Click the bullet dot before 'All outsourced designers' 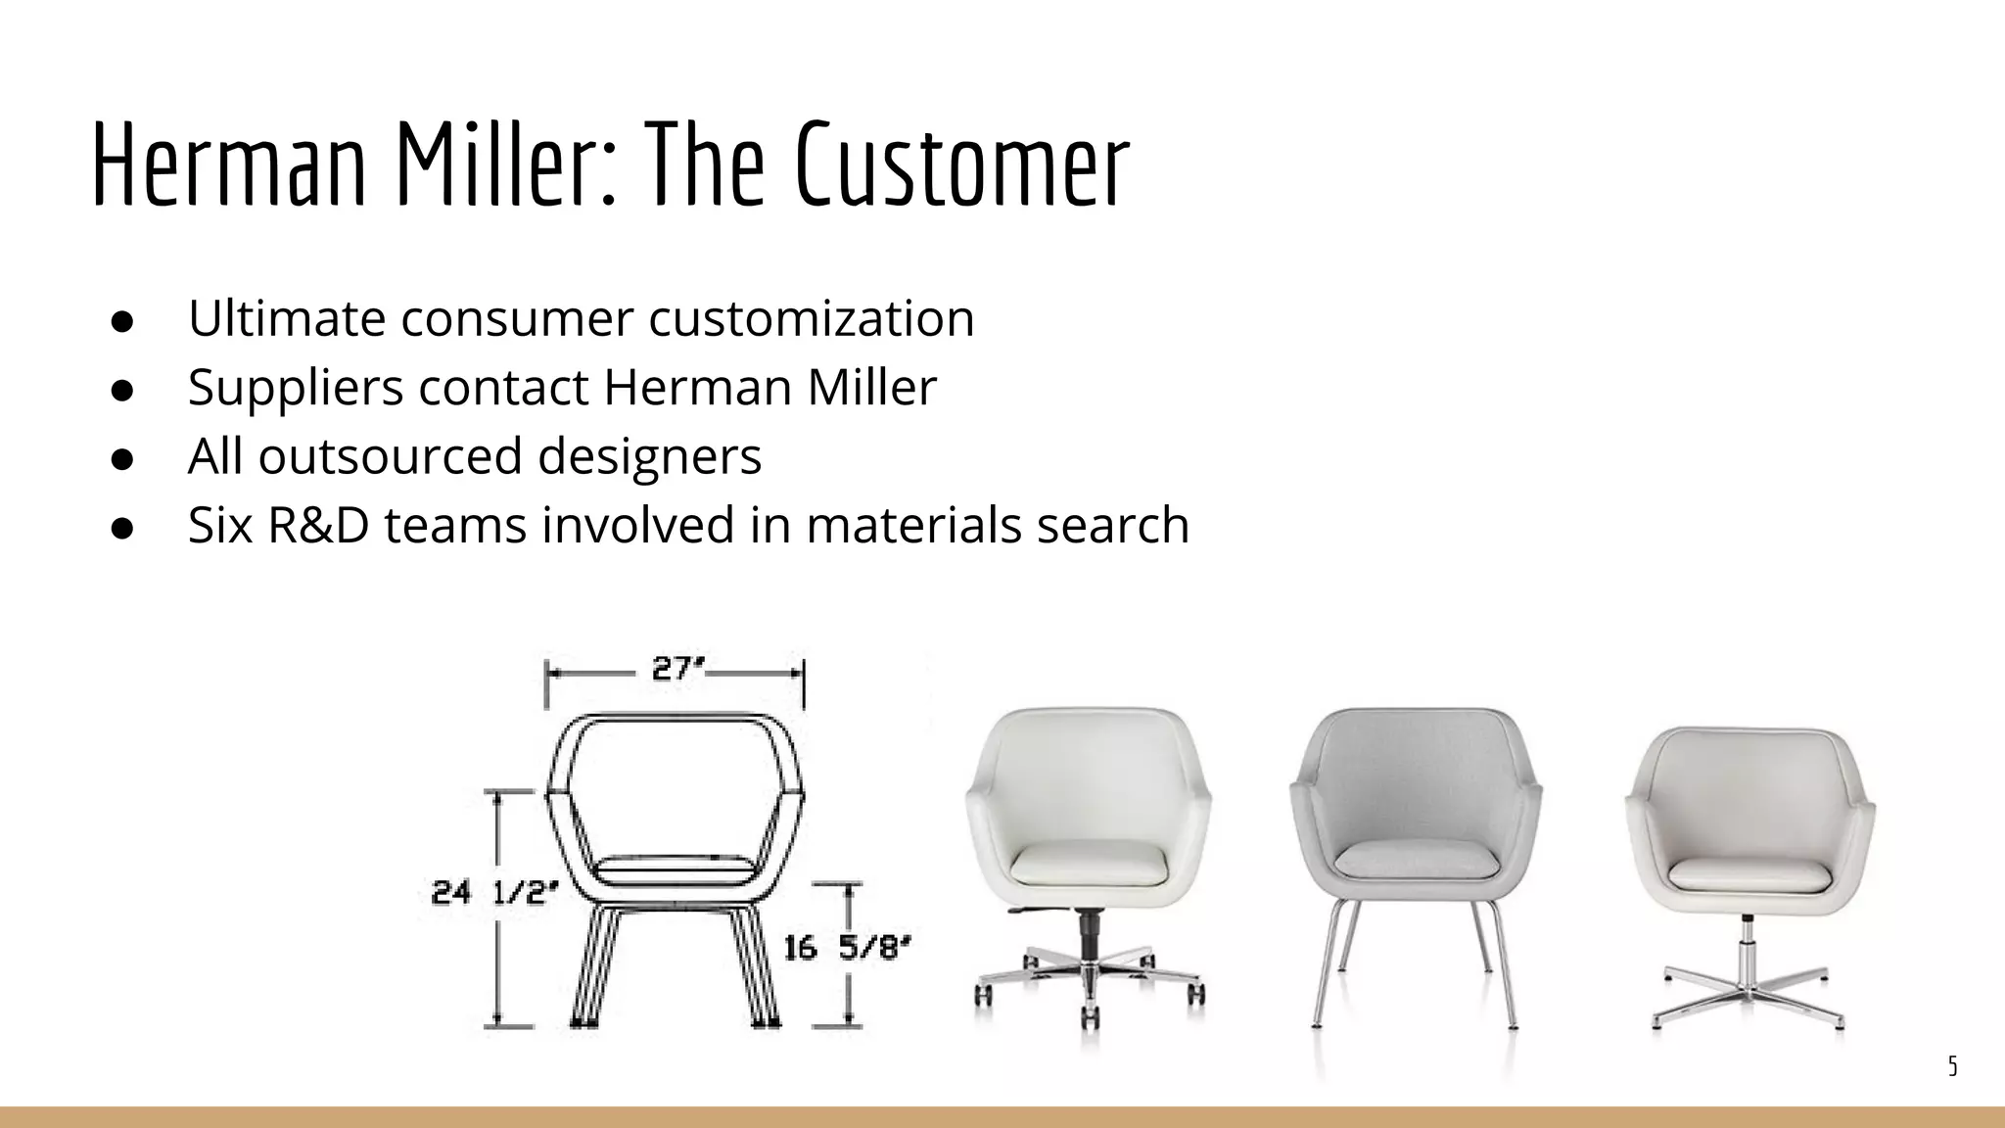[121, 458]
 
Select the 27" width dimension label [677, 670]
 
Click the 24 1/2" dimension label [495, 892]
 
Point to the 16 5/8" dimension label [848, 948]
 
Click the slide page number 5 [1952, 1066]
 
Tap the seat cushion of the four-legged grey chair [1415, 860]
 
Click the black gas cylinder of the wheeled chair [1087, 934]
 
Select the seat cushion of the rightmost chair [1749, 874]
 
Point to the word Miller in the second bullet [871, 387]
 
